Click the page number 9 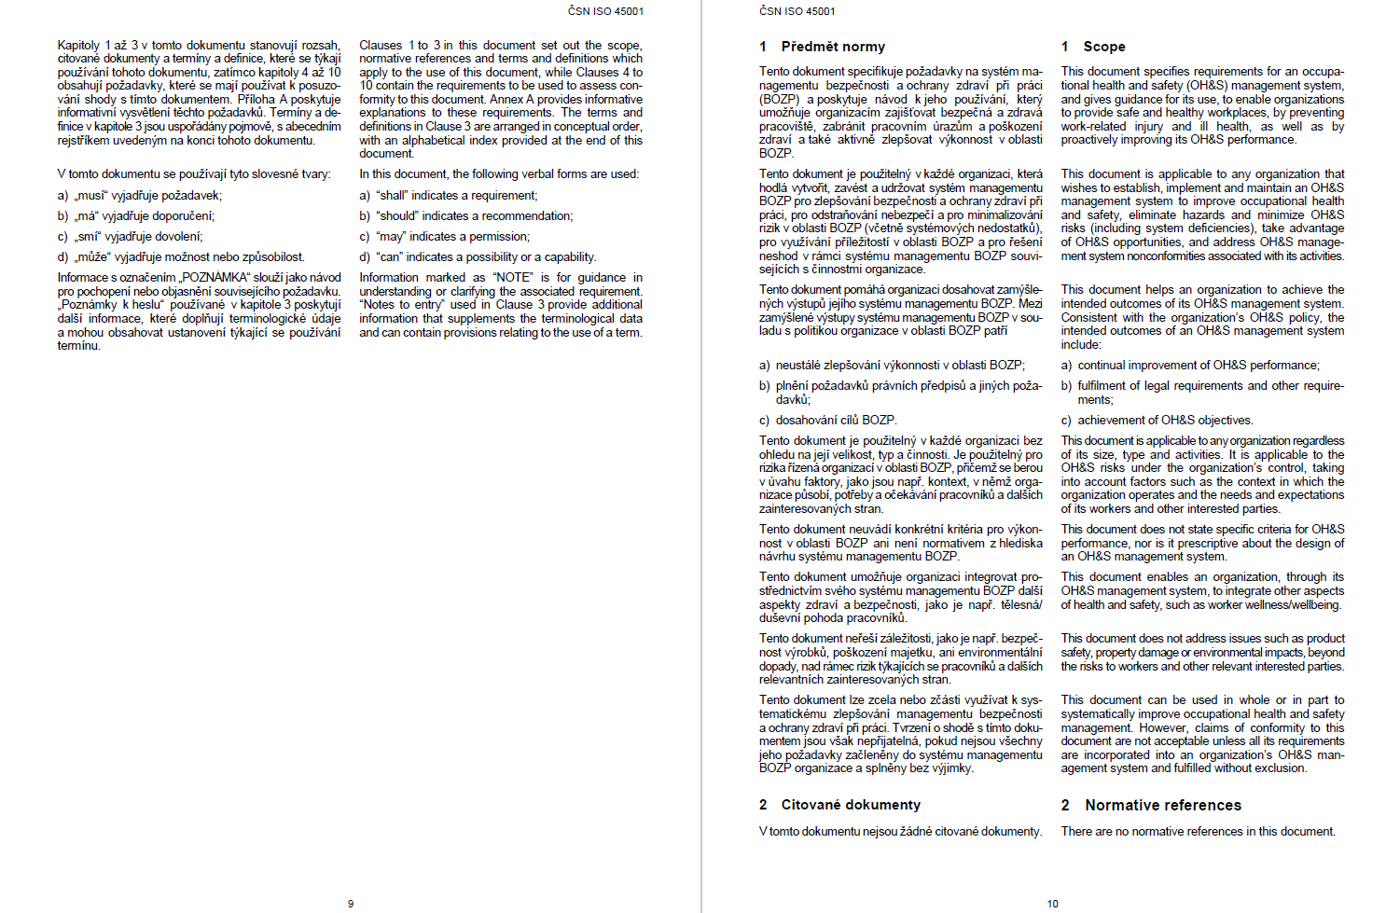pos(351,904)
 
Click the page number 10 pos(1052,904)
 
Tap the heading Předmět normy pos(833,47)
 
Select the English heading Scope pos(1104,47)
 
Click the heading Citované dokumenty pos(851,805)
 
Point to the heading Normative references pos(1163,805)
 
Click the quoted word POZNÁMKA pos(216,278)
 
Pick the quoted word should pos(397,216)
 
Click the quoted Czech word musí pos(90,196)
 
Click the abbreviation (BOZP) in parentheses pos(778,99)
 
